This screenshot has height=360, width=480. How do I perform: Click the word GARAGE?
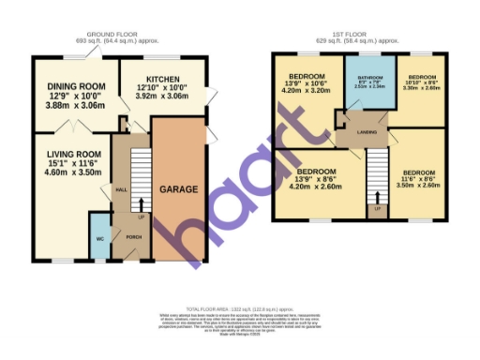178,189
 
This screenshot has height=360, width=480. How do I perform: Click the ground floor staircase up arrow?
142,203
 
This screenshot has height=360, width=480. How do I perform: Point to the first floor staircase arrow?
377,198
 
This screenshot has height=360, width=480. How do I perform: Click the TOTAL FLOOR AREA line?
239,307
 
